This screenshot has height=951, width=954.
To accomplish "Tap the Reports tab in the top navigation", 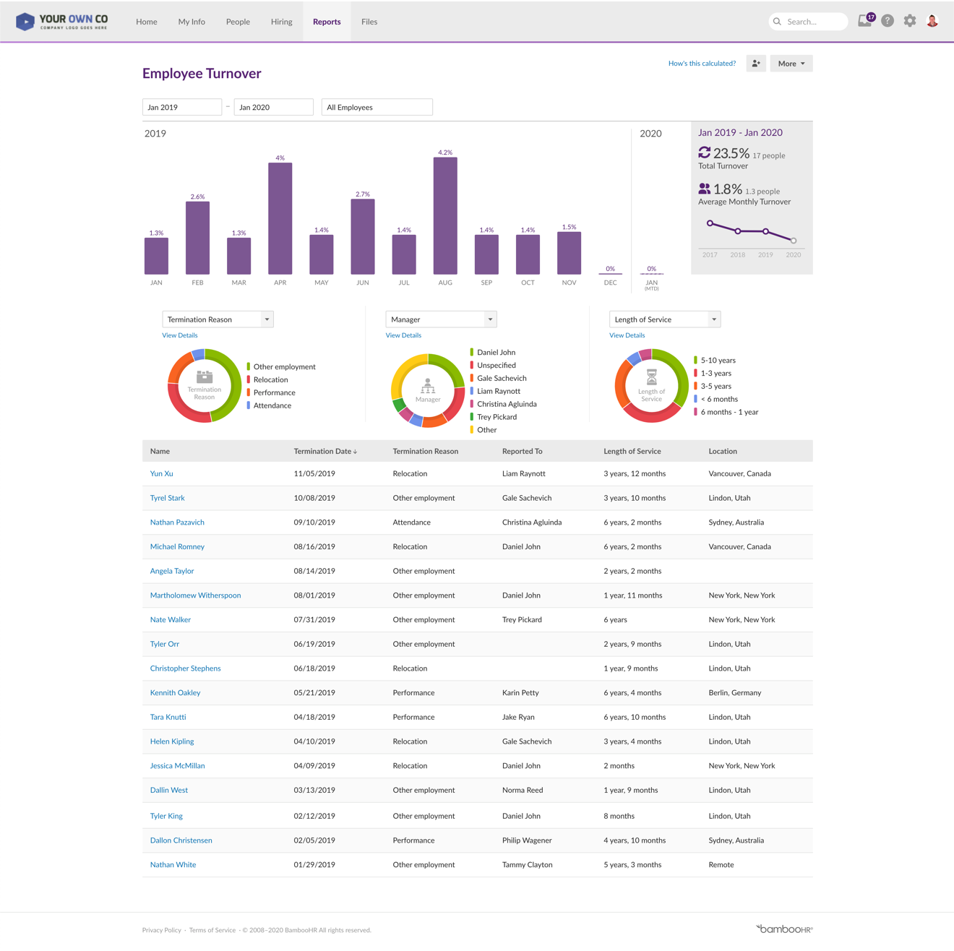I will pyautogui.click(x=327, y=22).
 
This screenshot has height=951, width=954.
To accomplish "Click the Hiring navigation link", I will pyautogui.click(x=281, y=22).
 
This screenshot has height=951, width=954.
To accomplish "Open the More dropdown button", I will pyautogui.click(x=791, y=64).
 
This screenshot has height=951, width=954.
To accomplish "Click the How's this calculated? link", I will pyautogui.click(x=702, y=64).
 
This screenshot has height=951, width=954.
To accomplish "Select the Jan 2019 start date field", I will pyautogui.click(x=181, y=107).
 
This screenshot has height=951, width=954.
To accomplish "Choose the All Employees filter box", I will pyautogui.click(x=377, y=107).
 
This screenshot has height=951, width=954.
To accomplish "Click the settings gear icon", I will pyautogui.click(x=909, y=21).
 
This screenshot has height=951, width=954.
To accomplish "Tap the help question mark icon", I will pyautogui.click(x=888, y=21).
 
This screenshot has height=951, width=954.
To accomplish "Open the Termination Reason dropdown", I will pyautogui.click(x=218, y=319).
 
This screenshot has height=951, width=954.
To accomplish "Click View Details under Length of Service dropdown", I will pyautogui.click(x=627, y=335).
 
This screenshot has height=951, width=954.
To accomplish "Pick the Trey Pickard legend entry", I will pyautogui.click(x=497, y=417).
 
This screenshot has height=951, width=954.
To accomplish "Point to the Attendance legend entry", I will pyautogui.click(x=272, y=405).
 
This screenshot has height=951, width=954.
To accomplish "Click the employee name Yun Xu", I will pyautogui.click(x=161, y=474).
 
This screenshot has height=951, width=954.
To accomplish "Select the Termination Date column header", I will pyautogui.click(x=325, y=451).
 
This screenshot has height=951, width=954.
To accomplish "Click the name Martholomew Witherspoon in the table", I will pyautogui.click(x=195, y=595).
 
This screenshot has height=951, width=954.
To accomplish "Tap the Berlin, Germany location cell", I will pyautogui.click(x=734, y=693).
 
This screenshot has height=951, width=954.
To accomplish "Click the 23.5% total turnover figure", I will pyautogui.click(x=731, y=153).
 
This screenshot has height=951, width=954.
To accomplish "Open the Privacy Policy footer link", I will pyautogui.click(x=162, y=930).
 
